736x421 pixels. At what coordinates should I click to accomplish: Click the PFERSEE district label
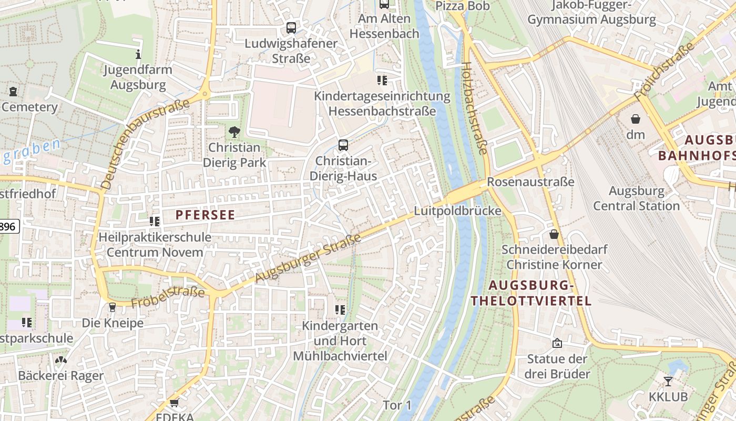[205, 215]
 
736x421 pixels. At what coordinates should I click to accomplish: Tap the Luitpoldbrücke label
[457, 211]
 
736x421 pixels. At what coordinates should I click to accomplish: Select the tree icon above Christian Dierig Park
[234, 132]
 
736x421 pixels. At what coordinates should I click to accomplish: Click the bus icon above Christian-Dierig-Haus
[343, 145]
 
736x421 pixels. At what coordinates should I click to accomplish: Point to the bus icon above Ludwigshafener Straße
[291, 28]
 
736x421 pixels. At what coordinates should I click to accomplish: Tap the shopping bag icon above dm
[636, 119]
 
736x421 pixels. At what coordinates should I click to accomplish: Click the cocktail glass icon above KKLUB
[668, 381]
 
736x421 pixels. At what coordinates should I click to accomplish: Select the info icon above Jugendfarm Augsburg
[138, 54]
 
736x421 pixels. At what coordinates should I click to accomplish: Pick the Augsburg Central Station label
[637, 198]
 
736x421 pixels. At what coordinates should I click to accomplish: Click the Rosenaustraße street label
[531, 182]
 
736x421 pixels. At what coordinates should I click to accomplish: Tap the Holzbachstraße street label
[474, 108]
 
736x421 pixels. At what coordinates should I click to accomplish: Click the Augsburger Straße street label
[309, 258]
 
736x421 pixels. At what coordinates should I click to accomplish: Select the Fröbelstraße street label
[168, 297]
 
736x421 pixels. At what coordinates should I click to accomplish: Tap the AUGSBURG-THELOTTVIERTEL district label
[531, 293]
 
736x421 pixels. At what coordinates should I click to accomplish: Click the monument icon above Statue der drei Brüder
[557, 344]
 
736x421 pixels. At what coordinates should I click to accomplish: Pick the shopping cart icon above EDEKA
[174, 403]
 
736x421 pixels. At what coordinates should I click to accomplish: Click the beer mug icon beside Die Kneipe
[112, 307]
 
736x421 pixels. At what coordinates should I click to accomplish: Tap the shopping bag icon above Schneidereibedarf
[554, 234]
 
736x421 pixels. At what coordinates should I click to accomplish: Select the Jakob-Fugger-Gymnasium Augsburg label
[591, 13]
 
